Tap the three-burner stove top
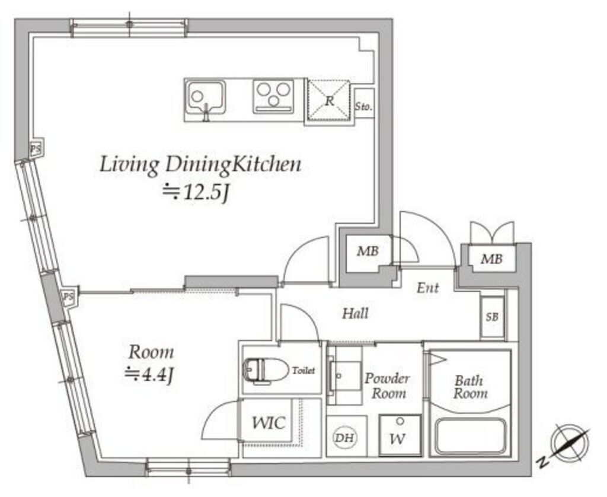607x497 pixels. (x=273, y=97)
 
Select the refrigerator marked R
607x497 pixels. (x=328, y=101)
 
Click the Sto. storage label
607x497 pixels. (x=364, y=106)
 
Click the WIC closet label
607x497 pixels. (x=269, y=422)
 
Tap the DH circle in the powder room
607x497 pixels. (x=345, y=438)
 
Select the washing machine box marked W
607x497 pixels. (x=400, y=435)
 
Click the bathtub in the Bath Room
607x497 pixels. (x=470, y=437)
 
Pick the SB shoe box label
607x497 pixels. (x=492, y=317)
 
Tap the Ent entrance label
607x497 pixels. (x=428, y=288)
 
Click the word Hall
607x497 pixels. (x=355, y=313)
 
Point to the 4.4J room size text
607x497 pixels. (x=149, y=375)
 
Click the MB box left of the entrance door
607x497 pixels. (x=368, y=251)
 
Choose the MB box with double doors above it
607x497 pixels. (x=492, y=259)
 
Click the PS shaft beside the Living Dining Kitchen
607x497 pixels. (x=36, y=148)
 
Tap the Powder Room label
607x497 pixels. (x=386, y=386)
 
